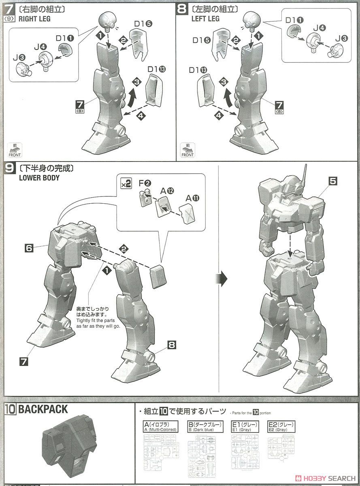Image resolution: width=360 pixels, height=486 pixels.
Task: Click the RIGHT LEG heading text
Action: tap(35, 19)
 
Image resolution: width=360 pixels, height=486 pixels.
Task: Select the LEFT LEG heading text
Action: tap(205, 19)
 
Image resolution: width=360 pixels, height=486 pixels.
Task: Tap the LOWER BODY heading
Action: tap(39, 177)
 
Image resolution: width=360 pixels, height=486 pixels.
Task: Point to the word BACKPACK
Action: tap(43, 409)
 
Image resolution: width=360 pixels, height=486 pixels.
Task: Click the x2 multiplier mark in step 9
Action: tap(126, 183)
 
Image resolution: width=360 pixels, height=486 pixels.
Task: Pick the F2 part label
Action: tap(145, 183)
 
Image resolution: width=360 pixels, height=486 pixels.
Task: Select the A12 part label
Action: tap(166, 190)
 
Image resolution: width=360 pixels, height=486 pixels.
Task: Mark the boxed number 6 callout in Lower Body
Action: tap(29, 248)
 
